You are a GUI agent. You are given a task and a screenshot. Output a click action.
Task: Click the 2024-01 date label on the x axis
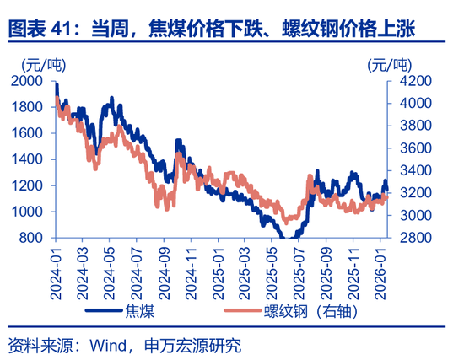[57, 267]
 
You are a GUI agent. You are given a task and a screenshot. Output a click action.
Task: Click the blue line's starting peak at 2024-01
[56, 84]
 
